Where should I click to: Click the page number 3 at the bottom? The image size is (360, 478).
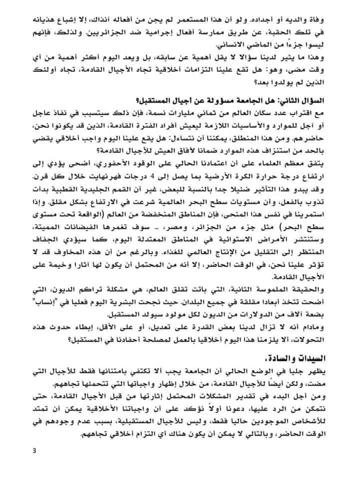(x=34, y=452)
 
